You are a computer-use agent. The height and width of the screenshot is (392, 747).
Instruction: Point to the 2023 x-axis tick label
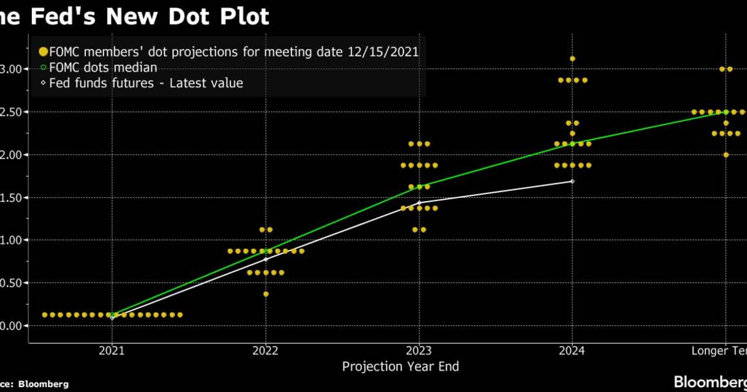click(419, 351)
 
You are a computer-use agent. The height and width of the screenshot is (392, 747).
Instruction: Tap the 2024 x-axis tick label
click(572, 351)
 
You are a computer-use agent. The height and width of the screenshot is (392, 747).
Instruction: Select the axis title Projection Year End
click(400, 366)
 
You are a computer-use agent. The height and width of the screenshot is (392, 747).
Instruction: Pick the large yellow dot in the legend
click(43, 52)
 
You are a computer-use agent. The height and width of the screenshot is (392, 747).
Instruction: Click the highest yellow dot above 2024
click(572, 58)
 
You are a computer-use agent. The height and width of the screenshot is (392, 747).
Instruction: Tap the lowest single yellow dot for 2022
click(266, 294)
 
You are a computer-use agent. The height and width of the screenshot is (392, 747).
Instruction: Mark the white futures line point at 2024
click(572, 181)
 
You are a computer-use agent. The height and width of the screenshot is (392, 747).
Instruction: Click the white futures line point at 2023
click(419, 203)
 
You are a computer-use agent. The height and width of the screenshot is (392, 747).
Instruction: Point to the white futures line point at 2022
click(266, 259)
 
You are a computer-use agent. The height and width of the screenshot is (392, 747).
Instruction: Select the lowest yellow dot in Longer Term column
click(726, 155)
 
